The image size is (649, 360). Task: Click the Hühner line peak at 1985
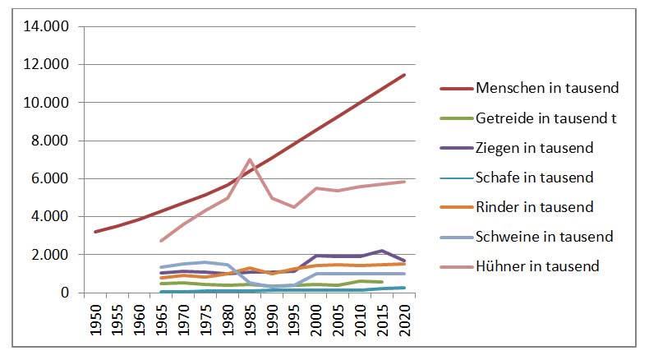tap(250, 159)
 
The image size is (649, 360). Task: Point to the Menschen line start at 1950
tap(95, 232)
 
